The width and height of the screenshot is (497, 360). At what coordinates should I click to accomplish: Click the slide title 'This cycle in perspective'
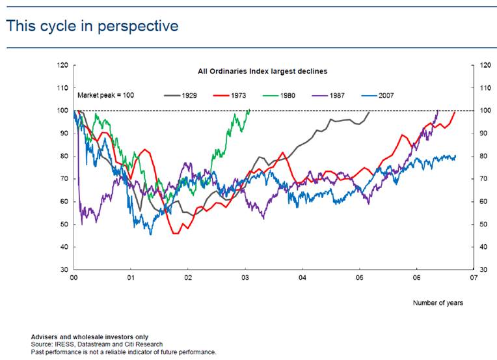[x=92, y=27]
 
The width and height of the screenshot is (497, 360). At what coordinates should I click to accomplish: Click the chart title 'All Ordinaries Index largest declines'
[x=262, y=71]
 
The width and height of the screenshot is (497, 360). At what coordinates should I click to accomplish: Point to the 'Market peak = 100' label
[x=105, y=95]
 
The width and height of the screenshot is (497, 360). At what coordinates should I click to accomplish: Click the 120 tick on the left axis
[x=62, y=65]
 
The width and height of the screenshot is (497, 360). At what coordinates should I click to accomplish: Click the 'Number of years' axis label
[x=438, y=303]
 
